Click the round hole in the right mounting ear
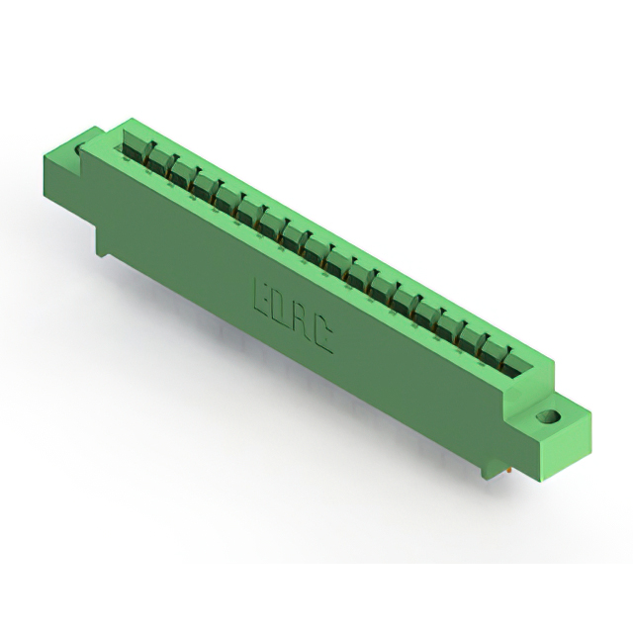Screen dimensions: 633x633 pos(547,415)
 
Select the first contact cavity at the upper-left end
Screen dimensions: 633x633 pos(135,146)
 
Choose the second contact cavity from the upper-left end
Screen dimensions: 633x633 pos(157,159)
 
